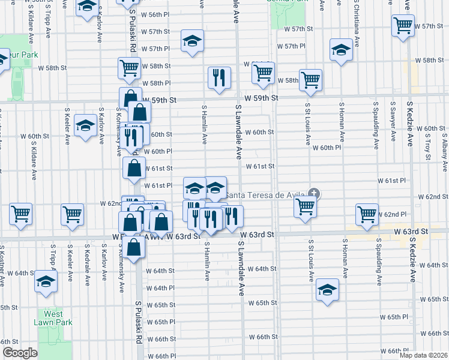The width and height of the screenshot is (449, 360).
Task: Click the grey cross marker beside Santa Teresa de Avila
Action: tap(313, 193)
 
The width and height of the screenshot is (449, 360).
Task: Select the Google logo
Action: tap(20, 353)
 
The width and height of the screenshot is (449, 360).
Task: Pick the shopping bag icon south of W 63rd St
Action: tap(136, 247)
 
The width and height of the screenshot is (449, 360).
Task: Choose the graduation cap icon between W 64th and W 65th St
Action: tap(327, 290)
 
